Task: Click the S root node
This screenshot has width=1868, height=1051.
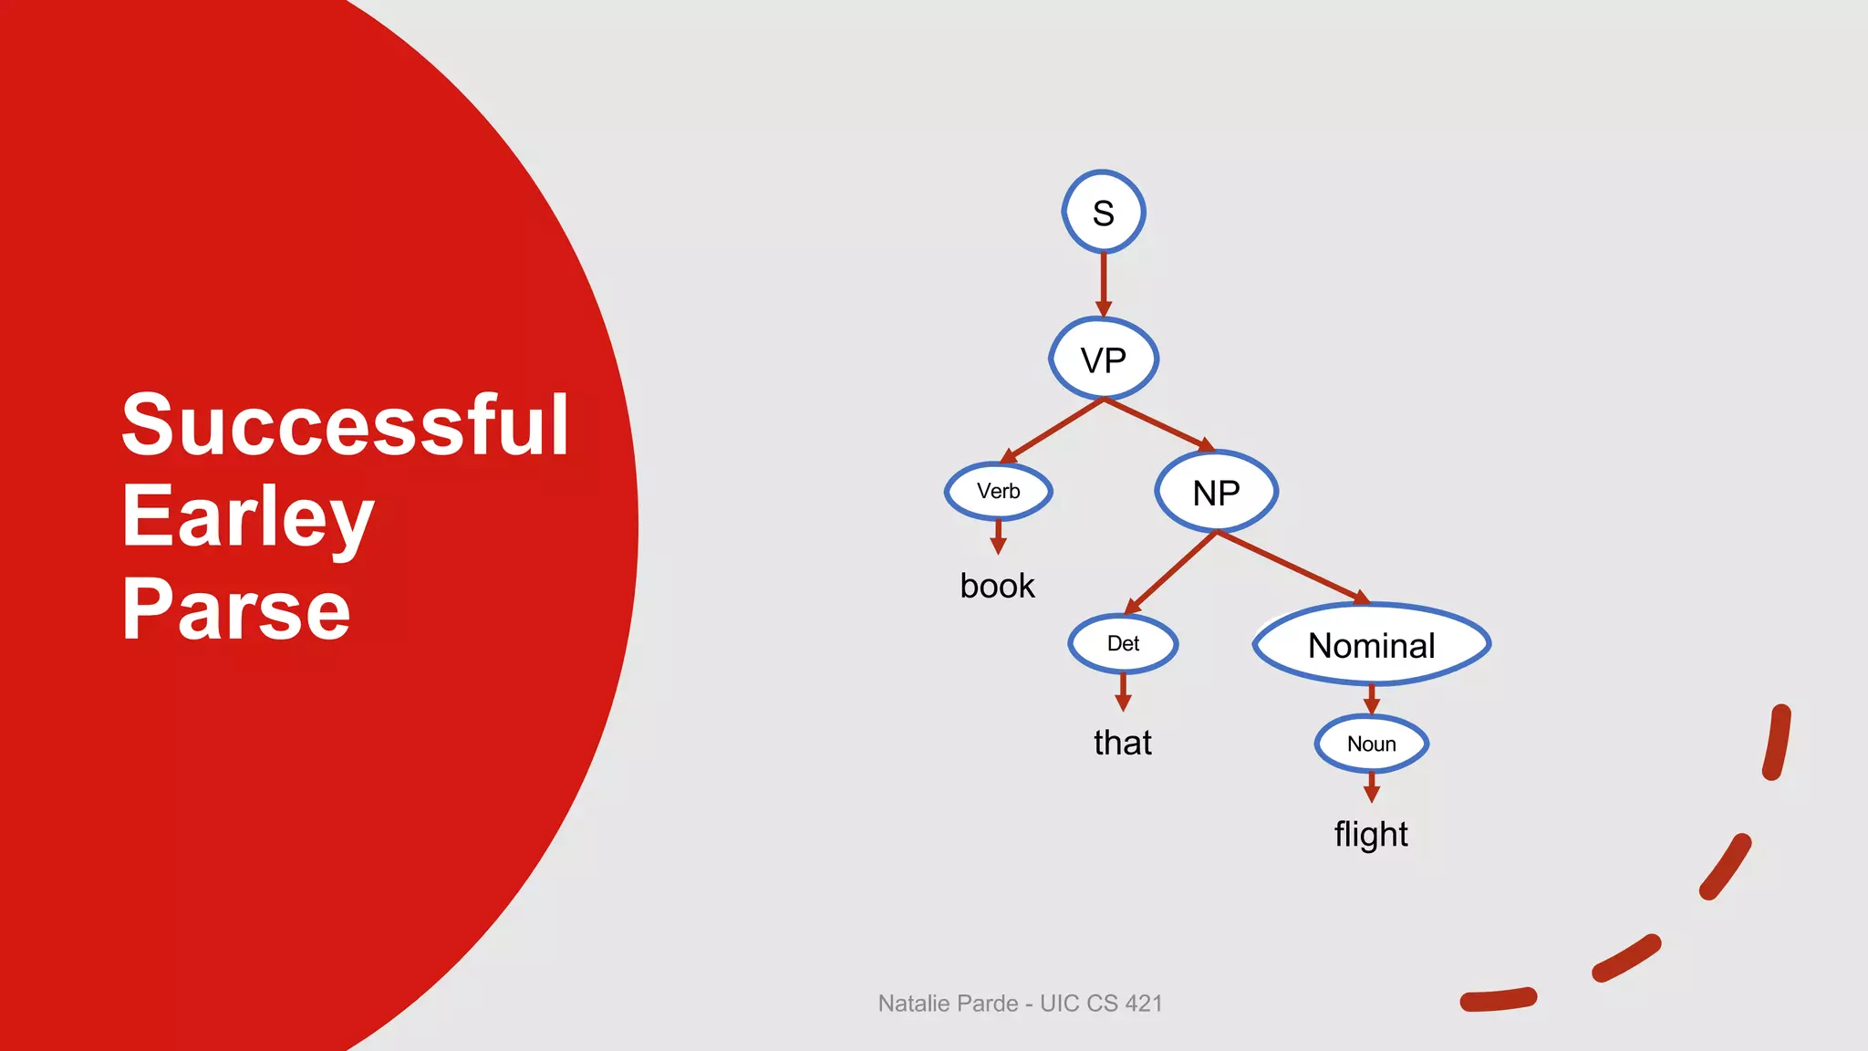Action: pos(1104,212)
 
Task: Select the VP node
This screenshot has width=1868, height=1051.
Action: pos(1104,359)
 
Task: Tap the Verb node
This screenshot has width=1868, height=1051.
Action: pos(999,491)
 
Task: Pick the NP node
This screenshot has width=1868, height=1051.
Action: pos(1217,492)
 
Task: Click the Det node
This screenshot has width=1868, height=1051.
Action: pos(1123,643)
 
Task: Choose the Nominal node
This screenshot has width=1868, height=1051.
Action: pos(1372,644)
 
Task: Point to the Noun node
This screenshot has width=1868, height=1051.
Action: pos(1371,744)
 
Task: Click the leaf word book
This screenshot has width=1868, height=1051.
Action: pos(997,586)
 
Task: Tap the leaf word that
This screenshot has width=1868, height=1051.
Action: pos(1123,743)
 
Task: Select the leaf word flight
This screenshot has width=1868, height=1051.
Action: pos(1371,834)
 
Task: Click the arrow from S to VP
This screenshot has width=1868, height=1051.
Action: pos(1104,285)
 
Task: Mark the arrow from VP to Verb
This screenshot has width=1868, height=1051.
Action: pos(1053,430)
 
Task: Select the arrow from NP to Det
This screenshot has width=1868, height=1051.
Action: pos(1171,572)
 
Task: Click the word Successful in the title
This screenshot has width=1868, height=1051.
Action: pos(345,424)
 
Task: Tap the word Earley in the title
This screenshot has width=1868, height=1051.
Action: pos(248,517)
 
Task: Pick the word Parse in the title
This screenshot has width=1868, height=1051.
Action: pos(236,609)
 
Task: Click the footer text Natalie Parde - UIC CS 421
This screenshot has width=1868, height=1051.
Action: pos(1020,1003)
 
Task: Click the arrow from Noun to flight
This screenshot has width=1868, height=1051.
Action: pos(1371,787)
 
